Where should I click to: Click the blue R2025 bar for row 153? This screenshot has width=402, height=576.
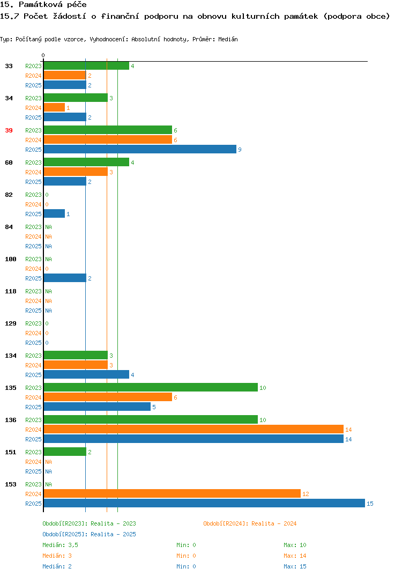click(204, 503)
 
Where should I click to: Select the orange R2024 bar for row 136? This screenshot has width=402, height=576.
click(193, 430)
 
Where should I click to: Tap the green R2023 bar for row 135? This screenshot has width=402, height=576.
click(151, 388)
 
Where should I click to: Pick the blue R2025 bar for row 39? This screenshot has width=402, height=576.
click(140, 149)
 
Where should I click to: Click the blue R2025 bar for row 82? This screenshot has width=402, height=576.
click(54, 213)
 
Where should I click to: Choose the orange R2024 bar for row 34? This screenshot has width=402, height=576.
click(54, 107)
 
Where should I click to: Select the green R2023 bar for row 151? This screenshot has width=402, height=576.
click(65, 452)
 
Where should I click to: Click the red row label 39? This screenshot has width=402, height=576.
click(9, 130)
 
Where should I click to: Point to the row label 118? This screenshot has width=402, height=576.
click(11, 291)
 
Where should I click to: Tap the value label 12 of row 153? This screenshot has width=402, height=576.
click(306, 494)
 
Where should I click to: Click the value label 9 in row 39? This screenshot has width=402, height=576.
click(240, 150)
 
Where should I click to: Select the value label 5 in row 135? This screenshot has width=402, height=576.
click(154, 407)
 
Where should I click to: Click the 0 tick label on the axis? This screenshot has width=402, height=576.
click(43, 55)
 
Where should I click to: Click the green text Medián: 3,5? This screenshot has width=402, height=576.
click(60, 545)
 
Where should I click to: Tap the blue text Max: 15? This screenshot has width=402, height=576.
click(295, 566)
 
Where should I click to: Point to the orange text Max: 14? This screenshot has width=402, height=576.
click(295, 556)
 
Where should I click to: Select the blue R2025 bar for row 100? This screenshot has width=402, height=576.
click(65, 278)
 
